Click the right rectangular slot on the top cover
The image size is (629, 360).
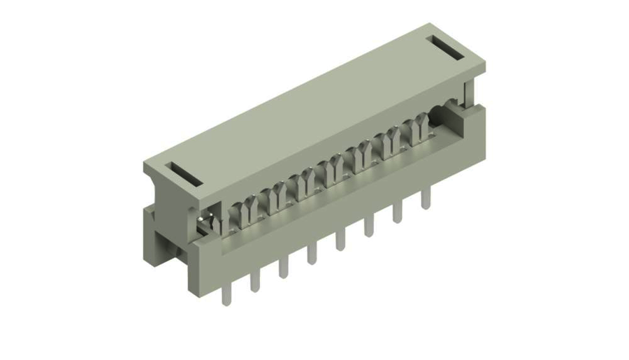pos(447,48)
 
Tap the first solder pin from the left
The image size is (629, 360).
pos(225,294)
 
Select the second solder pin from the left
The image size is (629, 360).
pos(254,280)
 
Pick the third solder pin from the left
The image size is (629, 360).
pos(283,267)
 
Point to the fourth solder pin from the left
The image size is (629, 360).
pos(312,254)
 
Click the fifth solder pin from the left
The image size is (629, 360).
pos(340,240)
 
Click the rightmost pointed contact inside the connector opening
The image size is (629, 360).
pos(421,127)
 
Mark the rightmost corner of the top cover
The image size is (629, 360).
pos(485,66)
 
